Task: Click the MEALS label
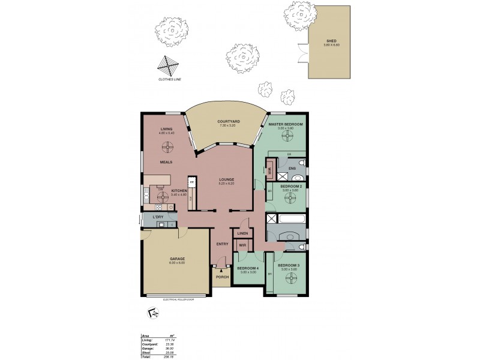[166, 162]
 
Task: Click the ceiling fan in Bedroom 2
[290, 201]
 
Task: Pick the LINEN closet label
[243, 233]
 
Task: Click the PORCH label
[223, 276]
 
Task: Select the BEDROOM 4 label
[247, 269]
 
